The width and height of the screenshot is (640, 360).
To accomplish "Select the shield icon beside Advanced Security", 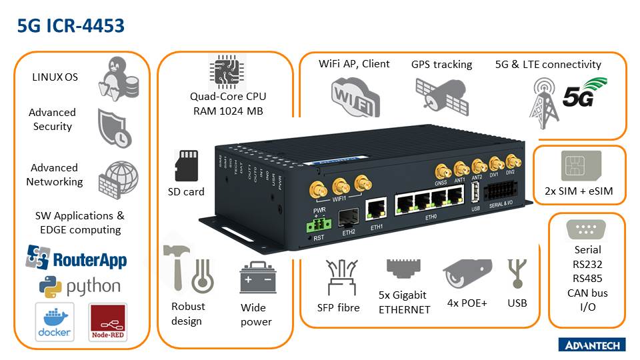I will [114, 127].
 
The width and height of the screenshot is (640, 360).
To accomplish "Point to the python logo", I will [79, 286].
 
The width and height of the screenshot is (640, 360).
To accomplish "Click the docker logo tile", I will [54, 322].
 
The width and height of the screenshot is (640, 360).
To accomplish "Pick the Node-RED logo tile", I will [107, 322].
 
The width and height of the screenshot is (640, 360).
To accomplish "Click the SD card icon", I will [186, 165].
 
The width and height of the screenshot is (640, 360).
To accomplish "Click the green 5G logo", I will [585, 93].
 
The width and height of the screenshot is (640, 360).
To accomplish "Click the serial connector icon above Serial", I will [586, 231].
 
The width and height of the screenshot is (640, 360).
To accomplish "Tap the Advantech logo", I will [591, 344].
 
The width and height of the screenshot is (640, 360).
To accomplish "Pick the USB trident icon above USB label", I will [515, 273].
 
